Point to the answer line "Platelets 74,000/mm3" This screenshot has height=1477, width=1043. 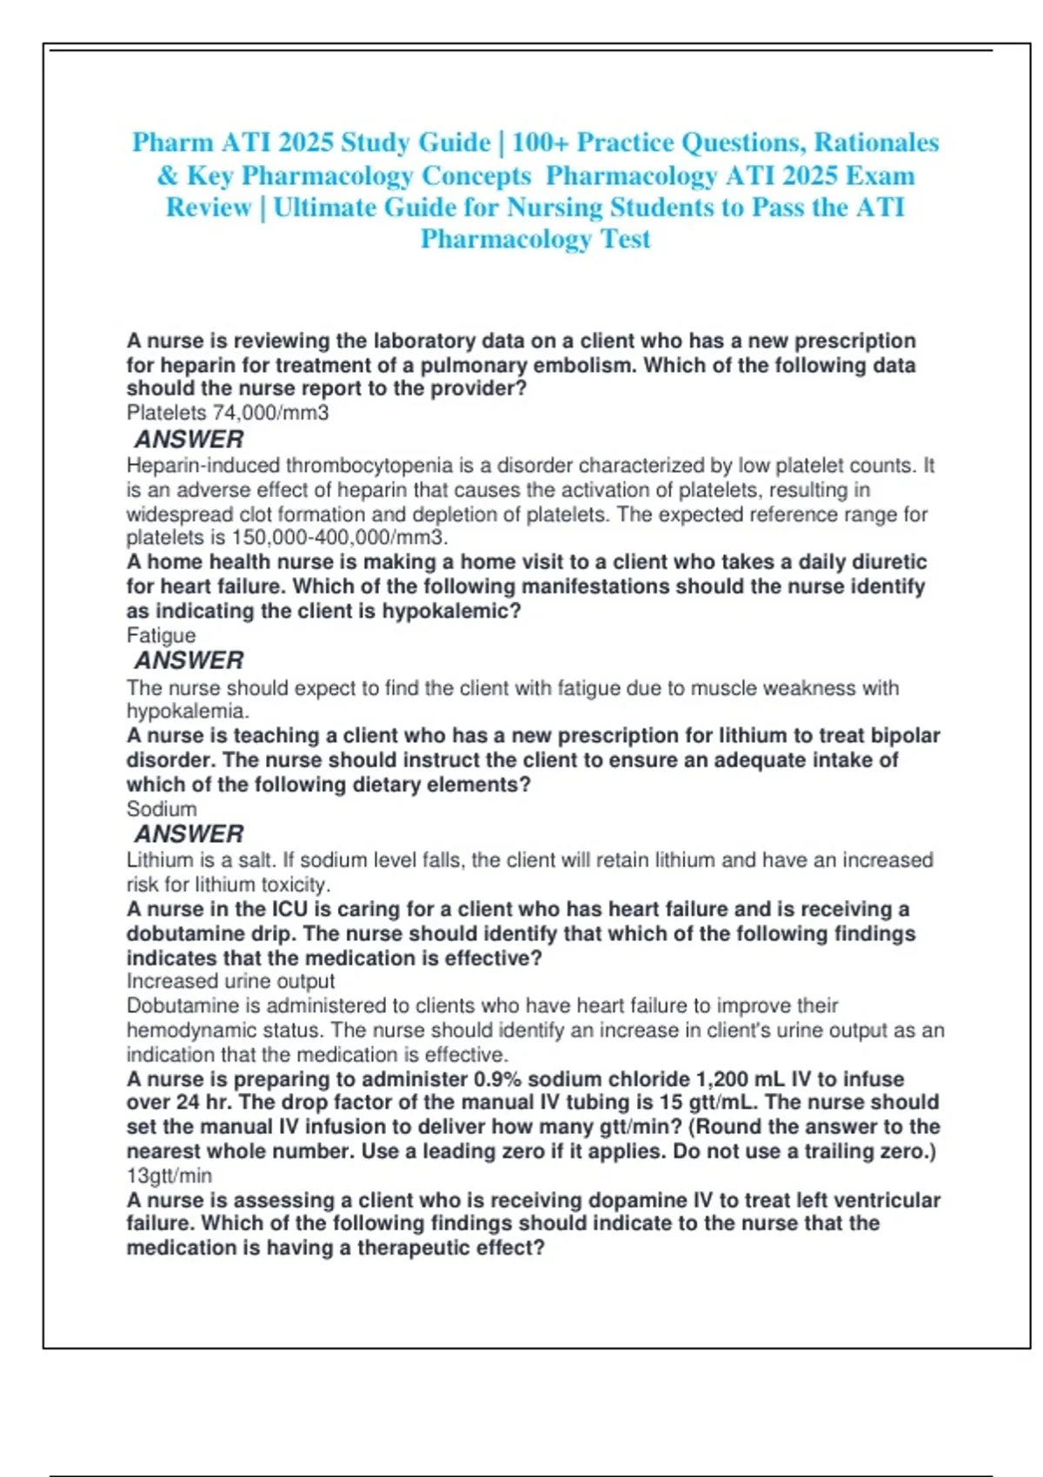228,413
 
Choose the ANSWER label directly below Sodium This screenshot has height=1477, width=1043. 189,834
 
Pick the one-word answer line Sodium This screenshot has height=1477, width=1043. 162,809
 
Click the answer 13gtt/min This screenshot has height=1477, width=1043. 169,1176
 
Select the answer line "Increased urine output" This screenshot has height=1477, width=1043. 230,981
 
